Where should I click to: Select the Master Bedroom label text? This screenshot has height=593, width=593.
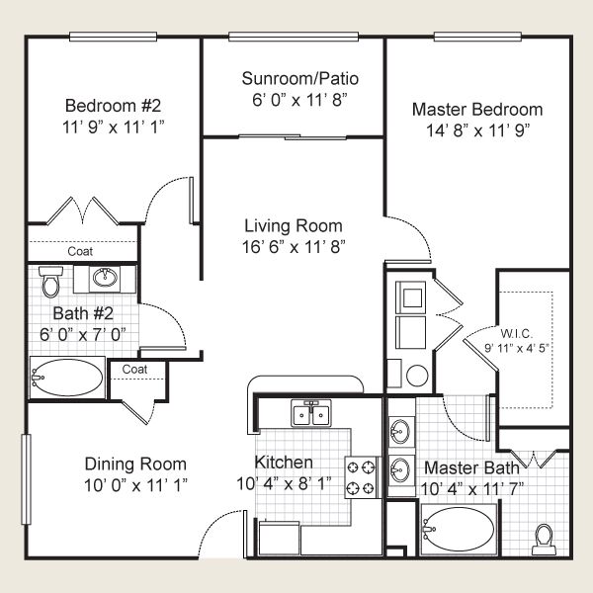476,110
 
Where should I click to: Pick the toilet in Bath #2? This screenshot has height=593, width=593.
50,280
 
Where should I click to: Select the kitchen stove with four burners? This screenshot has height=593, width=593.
359,476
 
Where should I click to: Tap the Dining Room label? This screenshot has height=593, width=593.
135,464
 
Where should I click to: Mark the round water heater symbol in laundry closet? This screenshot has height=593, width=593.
416,376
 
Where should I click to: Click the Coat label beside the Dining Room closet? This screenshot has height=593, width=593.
135,370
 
